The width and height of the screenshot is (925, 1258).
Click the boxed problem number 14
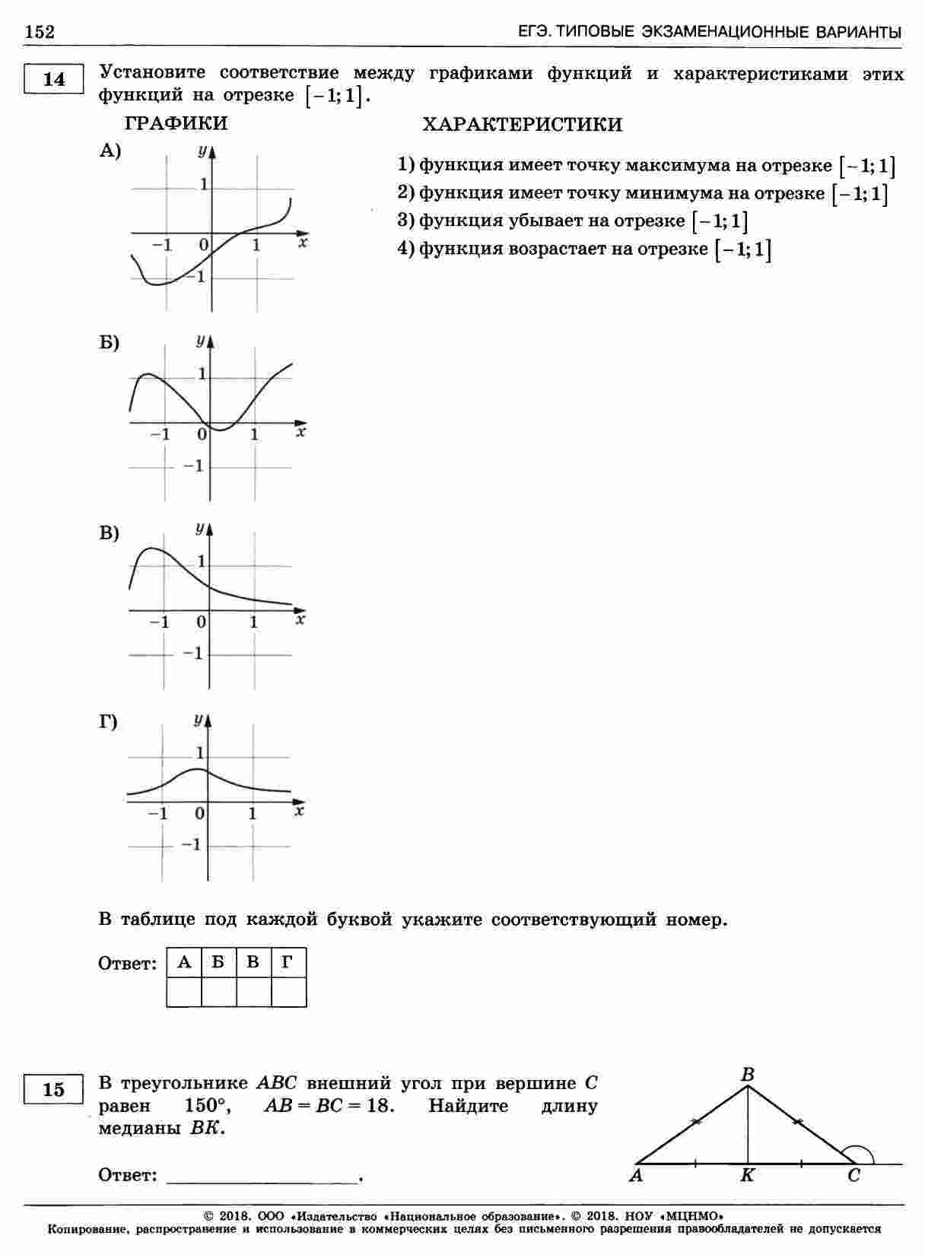(54, 79)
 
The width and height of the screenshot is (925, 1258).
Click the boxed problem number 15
(54, 1090)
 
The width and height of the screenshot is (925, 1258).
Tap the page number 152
(40, 31)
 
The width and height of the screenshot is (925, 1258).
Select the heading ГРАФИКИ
(176, 123)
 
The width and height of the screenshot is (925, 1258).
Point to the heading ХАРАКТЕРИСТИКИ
(522, 125)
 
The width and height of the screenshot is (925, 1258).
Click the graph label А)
(110, 151)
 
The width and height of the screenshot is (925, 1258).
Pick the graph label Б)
(110, 342)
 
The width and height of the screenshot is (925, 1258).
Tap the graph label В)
(110, 533)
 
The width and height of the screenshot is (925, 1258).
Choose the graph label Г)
(109, 722)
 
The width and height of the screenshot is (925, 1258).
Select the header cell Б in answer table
(218, 963)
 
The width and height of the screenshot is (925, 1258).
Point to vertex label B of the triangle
(748, 1074)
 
